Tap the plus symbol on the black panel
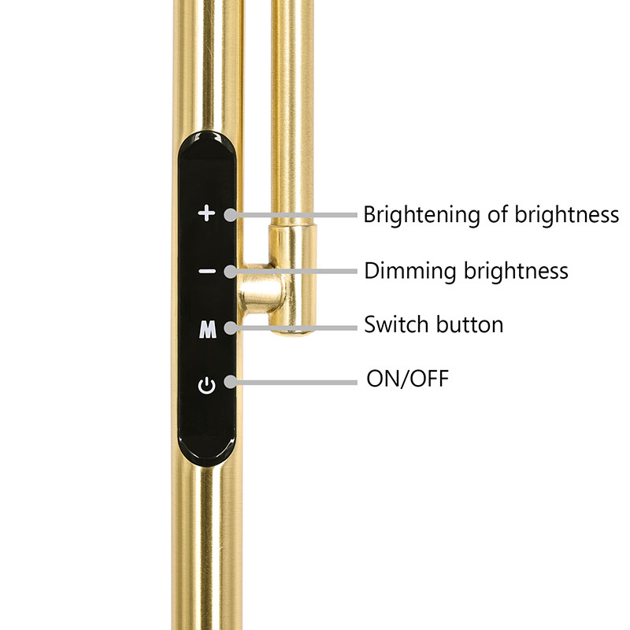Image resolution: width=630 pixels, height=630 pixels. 206,213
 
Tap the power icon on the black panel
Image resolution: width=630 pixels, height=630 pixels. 206,386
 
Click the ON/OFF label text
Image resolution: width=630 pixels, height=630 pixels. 407,379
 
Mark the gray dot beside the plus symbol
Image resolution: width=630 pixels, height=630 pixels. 230,214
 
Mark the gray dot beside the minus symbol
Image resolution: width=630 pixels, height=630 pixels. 230,272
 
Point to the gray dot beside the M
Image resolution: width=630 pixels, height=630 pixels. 230,324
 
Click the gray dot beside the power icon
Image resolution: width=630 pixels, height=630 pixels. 230,383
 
